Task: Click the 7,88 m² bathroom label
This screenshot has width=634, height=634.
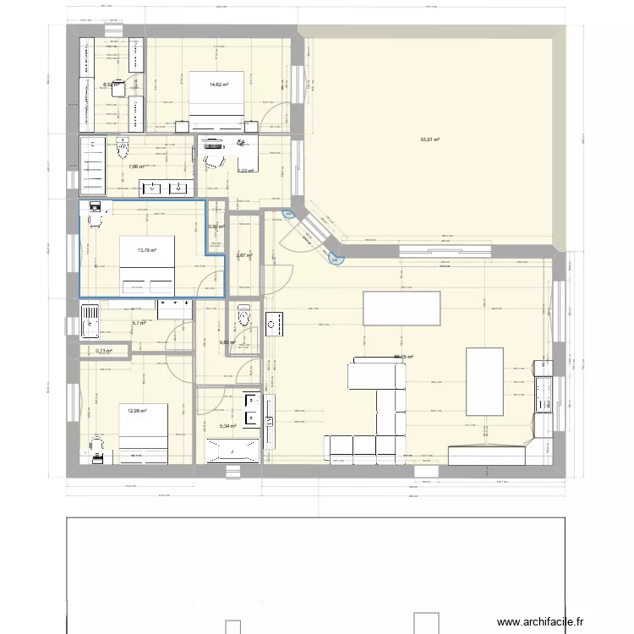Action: coord(137,167)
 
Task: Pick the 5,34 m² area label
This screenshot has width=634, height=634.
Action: coord(229,426)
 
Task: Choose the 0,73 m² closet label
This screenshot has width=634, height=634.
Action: coord(104,352)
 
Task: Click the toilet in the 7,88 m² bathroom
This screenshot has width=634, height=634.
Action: coord(124,150)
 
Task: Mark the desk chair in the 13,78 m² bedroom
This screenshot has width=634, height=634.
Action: coord(93,221)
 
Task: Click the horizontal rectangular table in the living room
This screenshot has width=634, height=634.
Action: coord(402,308)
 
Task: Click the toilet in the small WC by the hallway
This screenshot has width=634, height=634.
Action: coord(244,317)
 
